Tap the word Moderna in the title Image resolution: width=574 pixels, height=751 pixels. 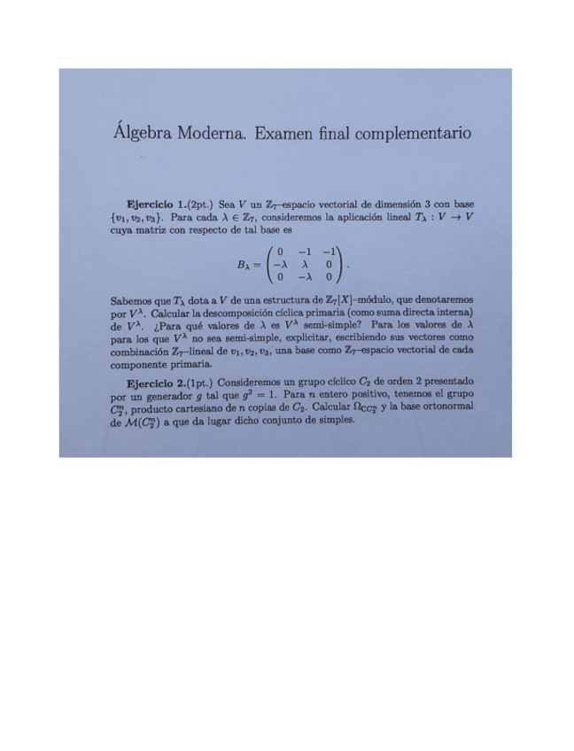click(x=208, y=135)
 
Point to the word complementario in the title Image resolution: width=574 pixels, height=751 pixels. click(x=410, y=135)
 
